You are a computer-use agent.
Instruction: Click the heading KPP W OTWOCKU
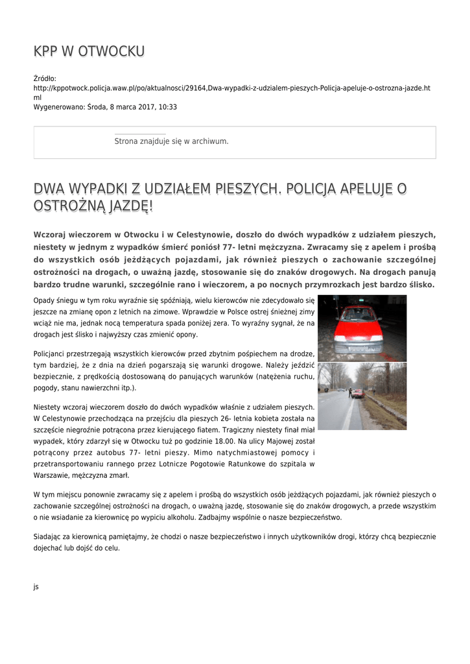point(89,51)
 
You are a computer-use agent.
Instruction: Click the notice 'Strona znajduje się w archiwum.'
point(171,141)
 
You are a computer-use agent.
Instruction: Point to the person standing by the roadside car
point(350,392)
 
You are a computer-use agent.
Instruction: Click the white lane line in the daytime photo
point(349,415)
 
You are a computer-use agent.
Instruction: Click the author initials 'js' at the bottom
point(36,587)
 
